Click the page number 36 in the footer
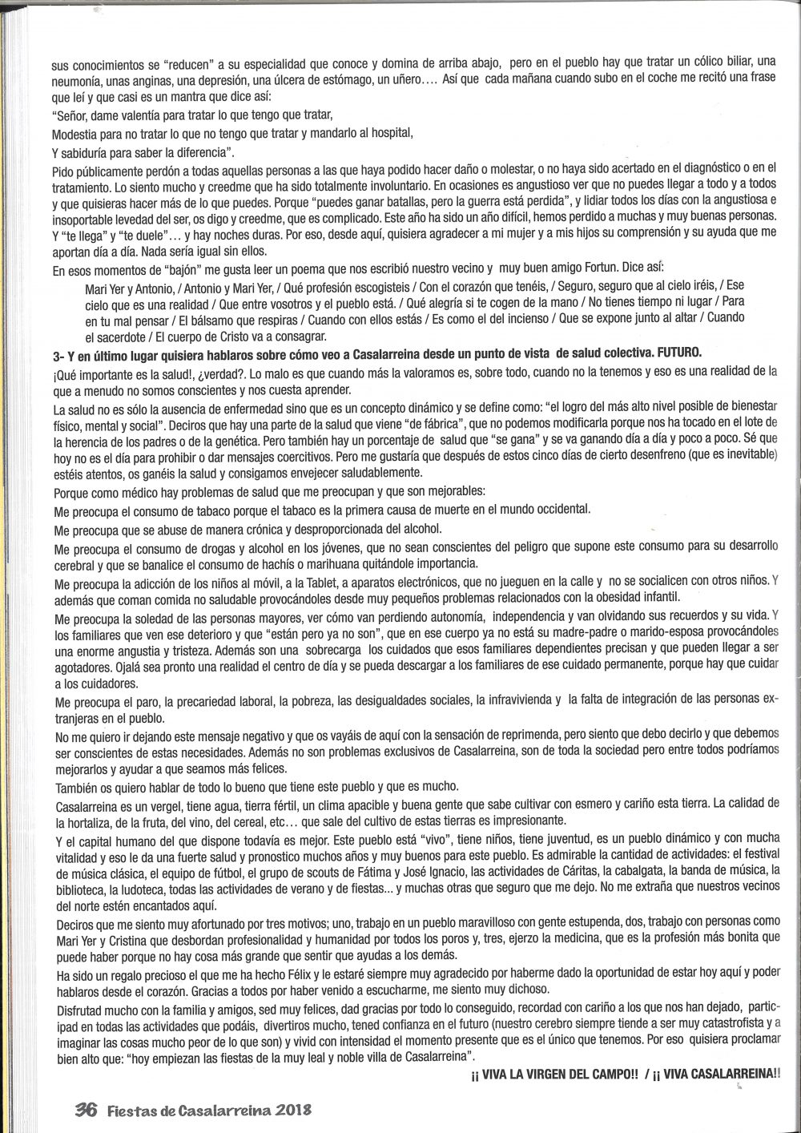[86, 1110]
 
